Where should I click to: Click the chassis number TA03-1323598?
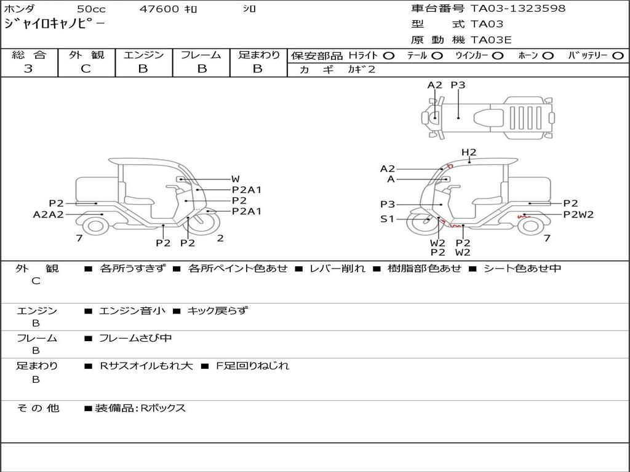pos(518,9)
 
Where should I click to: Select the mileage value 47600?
pos(159,9)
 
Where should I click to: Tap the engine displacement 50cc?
pos(91,9)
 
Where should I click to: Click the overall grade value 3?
pos(28,69)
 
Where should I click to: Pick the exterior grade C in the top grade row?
pos(86,69)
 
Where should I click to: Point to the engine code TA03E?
pos(491,40)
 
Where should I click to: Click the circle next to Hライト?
pos(389,56)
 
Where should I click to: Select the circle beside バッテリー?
pos(618,56)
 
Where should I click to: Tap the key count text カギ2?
pos(361,69)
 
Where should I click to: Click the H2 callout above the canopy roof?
pos(469,152)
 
